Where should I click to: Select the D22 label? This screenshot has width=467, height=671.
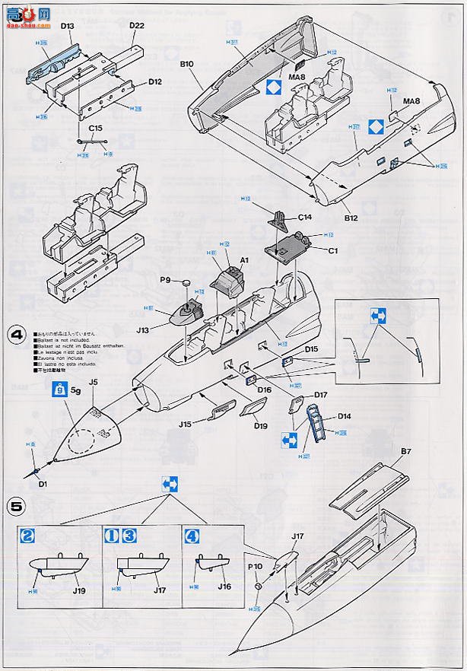tap(137, 25)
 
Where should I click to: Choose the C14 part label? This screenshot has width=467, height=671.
tap(305, 217)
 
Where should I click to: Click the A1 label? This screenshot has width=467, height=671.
tap(244, 260)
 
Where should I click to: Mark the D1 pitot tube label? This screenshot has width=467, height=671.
tap(43, 483)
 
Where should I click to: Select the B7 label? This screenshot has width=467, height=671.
tap(406, 451)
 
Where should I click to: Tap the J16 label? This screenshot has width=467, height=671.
tap(224, 587)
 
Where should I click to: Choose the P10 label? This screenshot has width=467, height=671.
tap(254, 566)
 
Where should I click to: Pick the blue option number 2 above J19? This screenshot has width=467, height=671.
tap(26, 535)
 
